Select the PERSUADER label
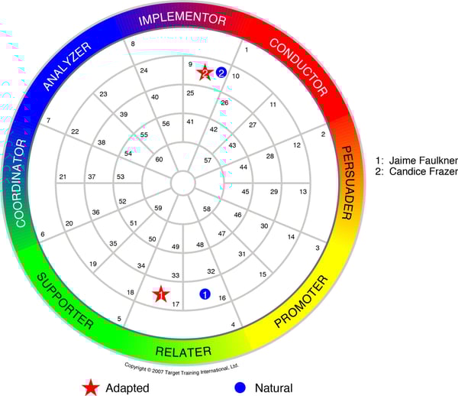pyautogui.click(x=347, y=182)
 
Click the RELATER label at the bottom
pyautogui.click(x=182, y=352)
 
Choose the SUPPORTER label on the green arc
pyautogui.click(x=64, y=300)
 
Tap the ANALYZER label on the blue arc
pyautogui.click(x=67, y=67)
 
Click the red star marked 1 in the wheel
pyautogui.click(x=160, y=294)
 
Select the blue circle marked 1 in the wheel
pyautogui.click(x=205, y=294)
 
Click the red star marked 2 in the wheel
pyautogui.click(x=205, y=73)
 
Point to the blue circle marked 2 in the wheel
pyautogui.click(x=221, y=73)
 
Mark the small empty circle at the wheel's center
pyautogui.click(x=182, y=183)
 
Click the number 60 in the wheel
pyautogui.click(x=159, y=160)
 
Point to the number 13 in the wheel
pyautogui.click(x=303, y=191)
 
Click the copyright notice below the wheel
pyautogui.click(x=182, y=366)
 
